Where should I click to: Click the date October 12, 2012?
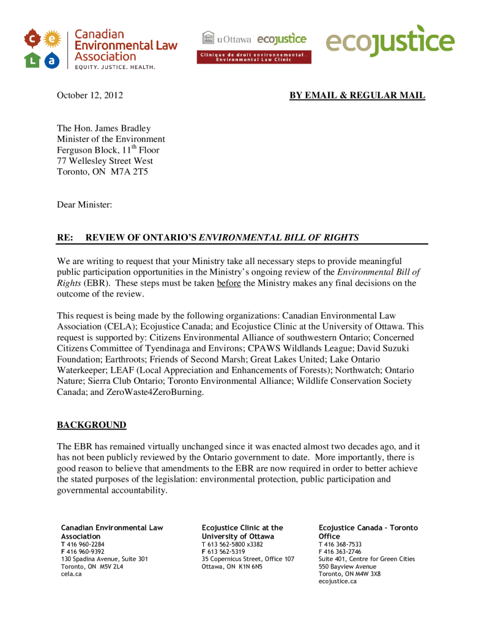[85, 95]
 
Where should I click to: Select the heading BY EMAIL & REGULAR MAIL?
[357, 95]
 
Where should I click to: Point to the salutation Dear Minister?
[84, 205]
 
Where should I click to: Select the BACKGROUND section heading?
[92, 425]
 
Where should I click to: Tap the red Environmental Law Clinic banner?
[253, 57]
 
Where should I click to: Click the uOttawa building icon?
[208, 38]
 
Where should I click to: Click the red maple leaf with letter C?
[32, 40]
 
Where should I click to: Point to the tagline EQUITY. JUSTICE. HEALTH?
[114, 67]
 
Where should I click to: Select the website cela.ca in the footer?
[71, 574]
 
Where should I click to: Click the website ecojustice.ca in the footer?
[338, 581]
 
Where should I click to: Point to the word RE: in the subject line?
[65, 237]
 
